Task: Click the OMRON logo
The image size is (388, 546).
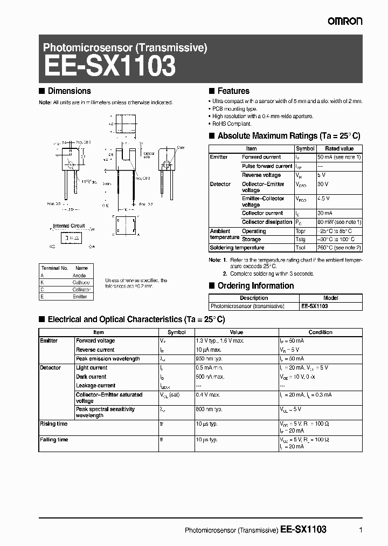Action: click(x=345, y=21)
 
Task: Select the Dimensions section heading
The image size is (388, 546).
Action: click(x=69, y=91)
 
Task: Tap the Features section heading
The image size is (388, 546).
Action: click(x=233, y=91)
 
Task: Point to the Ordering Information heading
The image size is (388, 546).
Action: click(x=255, y=286)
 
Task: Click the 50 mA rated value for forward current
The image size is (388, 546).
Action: click(x=339, y=157)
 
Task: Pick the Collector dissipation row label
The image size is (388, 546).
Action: click(x=266, y=222)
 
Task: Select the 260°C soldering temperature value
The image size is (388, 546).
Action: click(x=339, y=248)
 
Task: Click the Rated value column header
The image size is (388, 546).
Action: click(x=339, y=148)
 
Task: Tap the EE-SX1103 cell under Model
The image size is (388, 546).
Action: click(x=315, y=306)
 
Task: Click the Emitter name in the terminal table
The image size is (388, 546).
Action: click(x=80, y=296)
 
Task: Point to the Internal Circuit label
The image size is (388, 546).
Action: click(x=69, y=226)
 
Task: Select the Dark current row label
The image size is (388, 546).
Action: click(x=91, y=377)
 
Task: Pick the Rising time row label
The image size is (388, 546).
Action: click(x=53, y=424)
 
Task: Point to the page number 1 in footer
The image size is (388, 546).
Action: click(x=360, y=530)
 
